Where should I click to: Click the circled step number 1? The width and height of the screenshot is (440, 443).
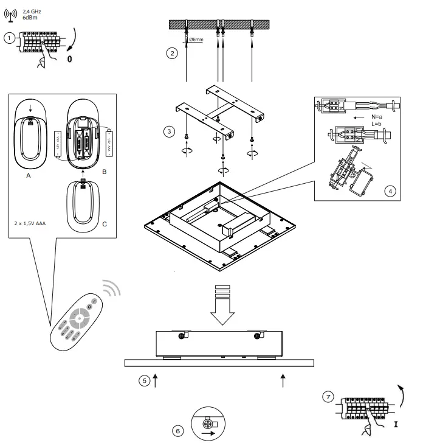pyautogui.click(x=9, y=38)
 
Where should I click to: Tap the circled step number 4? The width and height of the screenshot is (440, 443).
pyautogui.click(x=390, y=190)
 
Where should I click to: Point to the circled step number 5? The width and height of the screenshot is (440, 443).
pyautogui.click(x=144, y=381)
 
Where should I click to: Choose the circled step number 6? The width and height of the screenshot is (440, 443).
pyautogui.click(x=178, y=431)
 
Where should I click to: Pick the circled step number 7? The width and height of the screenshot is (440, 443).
pyautogui.click(x=329, y=397)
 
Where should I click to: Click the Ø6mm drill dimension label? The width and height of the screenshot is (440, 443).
pyautogui.click(x=196, y=40)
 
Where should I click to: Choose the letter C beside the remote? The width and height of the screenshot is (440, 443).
pyautogui.click(x=105, y=224)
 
